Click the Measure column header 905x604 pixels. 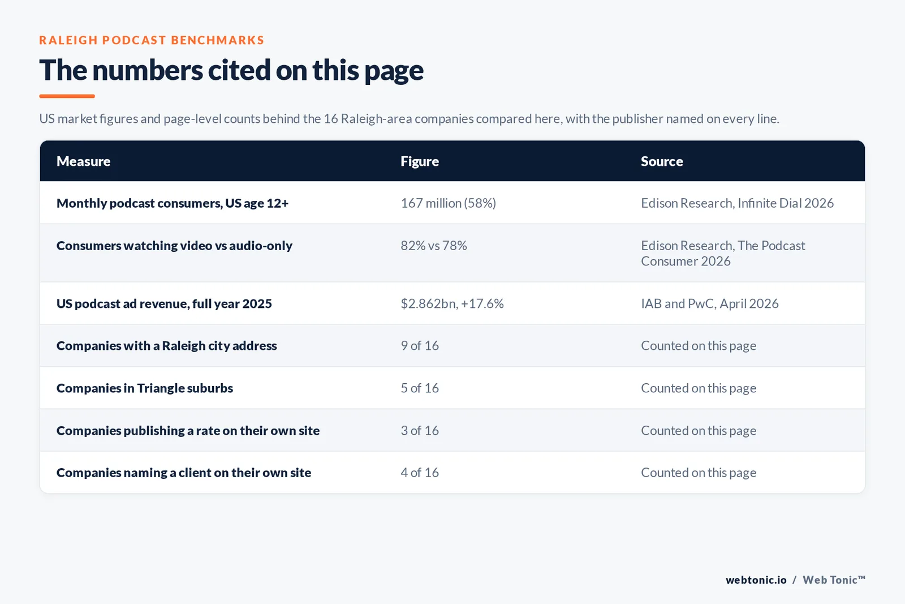pos(83,161)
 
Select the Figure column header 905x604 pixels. pos(419,161)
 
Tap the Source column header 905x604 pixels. pos(662,161)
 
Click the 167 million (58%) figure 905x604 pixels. pos(448,203)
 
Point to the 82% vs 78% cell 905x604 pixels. pos(433,246)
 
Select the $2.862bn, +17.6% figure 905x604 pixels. pos(452,303)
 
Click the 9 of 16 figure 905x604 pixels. pos(419,346)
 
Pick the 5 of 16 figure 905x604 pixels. pos(419,388)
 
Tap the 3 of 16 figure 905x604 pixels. pos(419,431)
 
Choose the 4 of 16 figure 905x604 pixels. pos(419,473)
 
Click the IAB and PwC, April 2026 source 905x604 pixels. pos(709,303)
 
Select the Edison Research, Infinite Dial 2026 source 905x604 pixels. pos(738,203)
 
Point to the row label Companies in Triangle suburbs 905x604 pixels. pos(145,388)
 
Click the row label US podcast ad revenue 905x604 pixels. pos(164,303)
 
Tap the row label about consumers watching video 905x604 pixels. pos(174,246)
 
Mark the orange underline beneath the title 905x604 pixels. pos(67,96)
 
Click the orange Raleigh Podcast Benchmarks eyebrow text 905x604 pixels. pos(152,40)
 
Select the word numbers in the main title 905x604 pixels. pos(148,70)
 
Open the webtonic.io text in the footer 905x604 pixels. pos(756,580)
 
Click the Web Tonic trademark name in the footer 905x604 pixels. pos(834,580)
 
